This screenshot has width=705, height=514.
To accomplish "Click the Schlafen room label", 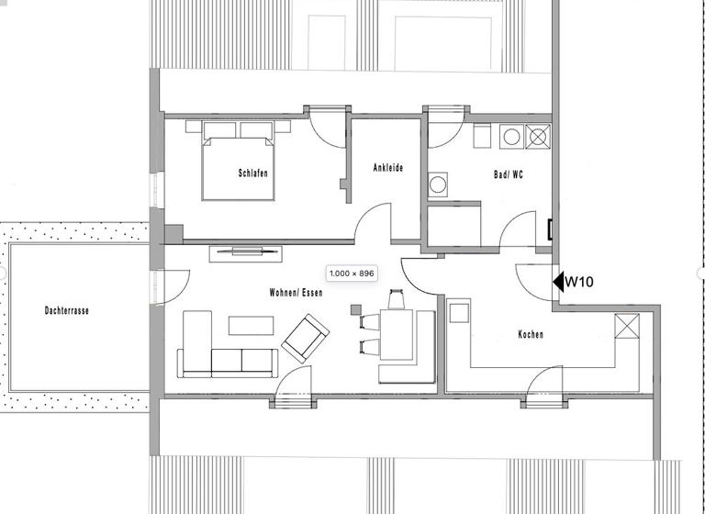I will [253, 173].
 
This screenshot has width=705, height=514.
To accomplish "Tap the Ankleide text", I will [387, 168].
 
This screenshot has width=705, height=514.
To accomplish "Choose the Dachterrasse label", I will [67, 310].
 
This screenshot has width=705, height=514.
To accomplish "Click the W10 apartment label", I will [579, 283].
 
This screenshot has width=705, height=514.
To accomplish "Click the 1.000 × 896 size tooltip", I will [352, 274].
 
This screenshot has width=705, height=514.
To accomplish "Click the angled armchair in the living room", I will [305, 337].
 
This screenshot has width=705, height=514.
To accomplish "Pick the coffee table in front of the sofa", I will [252, 324].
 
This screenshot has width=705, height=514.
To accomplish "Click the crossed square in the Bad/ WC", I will [539, 137].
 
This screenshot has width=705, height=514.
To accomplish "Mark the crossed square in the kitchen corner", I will [628, 325].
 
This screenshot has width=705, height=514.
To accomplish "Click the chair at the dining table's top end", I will [397, 299].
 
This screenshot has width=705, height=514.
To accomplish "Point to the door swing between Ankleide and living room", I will [372, 224].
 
